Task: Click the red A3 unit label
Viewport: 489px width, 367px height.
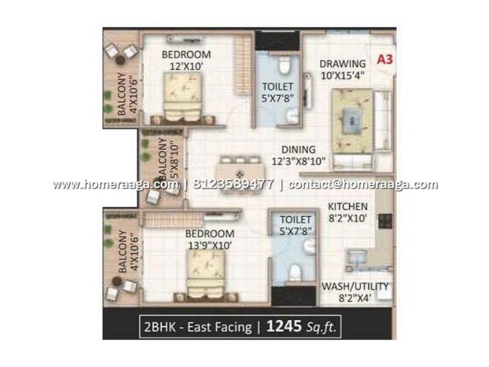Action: [385, 59]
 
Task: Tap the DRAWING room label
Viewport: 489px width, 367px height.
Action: [342, 64]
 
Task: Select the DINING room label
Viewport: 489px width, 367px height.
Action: [298, 149]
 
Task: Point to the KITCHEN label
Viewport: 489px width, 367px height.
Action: [348, 206]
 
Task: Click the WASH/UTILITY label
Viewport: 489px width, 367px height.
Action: [355, 286]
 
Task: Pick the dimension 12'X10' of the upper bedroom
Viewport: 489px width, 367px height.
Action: [186, 67]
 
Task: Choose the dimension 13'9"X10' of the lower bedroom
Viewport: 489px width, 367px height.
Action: [210, 245]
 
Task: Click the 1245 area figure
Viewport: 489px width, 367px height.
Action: [284, 327]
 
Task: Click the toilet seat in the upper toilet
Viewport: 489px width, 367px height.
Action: [284, 65]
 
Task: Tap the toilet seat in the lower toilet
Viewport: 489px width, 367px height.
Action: [295, 272]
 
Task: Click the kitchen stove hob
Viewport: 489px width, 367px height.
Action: [385, 221]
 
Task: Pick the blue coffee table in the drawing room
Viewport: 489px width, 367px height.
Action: [352, 120]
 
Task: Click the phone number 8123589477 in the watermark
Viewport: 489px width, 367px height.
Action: [233, 184]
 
